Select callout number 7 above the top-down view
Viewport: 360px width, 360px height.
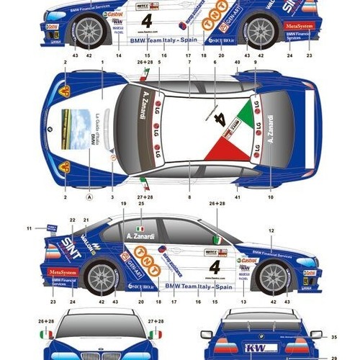coord(189,63)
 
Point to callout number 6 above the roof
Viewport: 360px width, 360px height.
coord(215,63)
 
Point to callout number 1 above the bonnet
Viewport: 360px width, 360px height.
coord(103,63)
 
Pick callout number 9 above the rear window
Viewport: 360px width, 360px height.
coord(255,63)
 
